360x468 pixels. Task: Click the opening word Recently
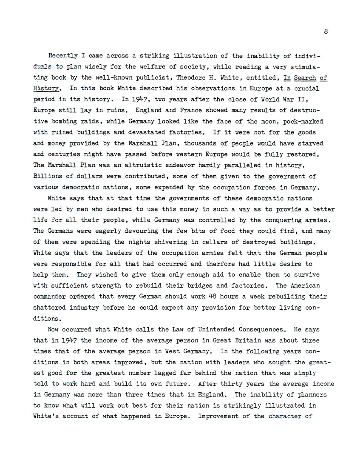(x=64, y=55)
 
